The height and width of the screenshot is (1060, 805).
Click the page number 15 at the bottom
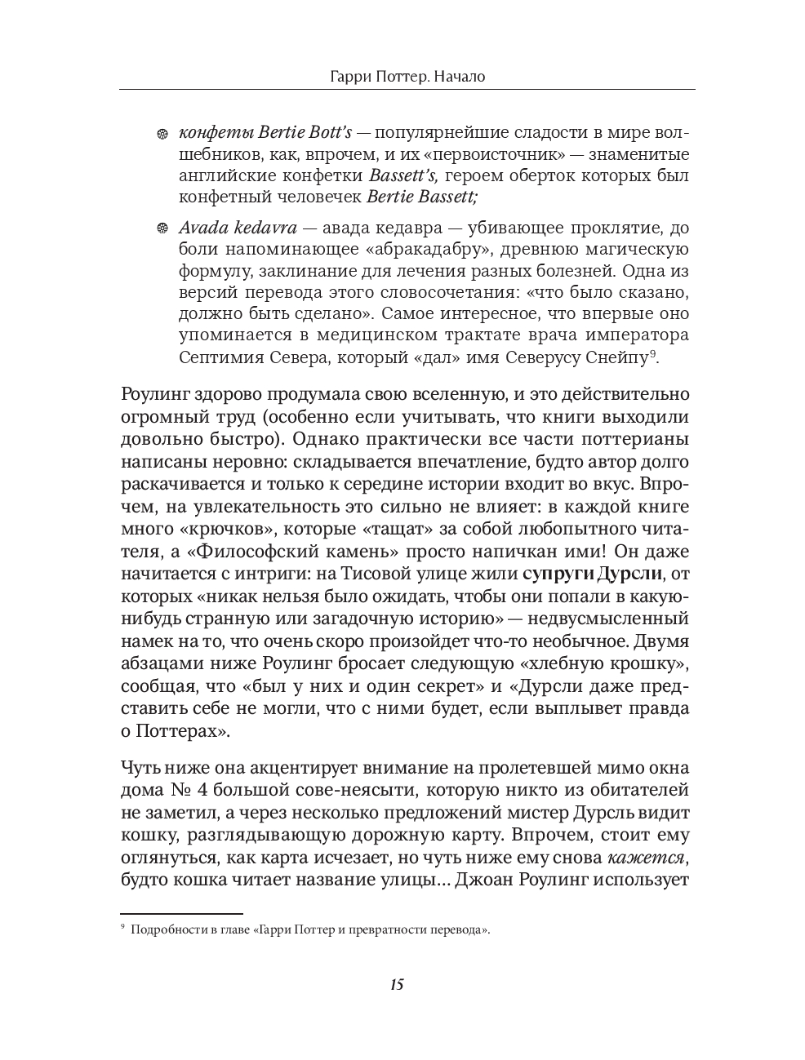(x=397, y=984)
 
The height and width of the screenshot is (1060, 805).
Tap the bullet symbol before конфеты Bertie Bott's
(x=162, y=134)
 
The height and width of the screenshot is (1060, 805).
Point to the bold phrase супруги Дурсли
(x=592, y=572)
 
